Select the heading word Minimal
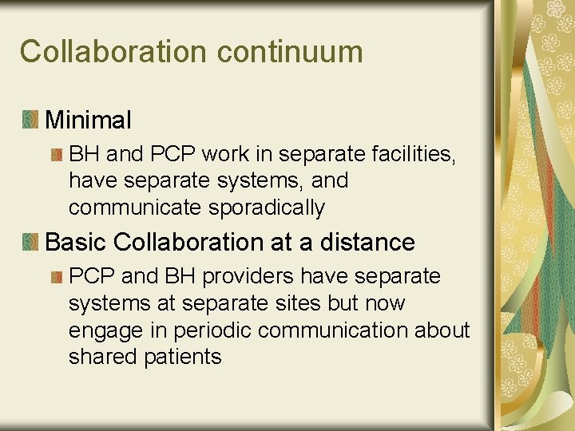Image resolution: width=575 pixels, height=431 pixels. tap(88, 121)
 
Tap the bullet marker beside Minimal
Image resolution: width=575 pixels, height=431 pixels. tap(30, 121)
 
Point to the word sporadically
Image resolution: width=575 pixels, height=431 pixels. tap(267, 208)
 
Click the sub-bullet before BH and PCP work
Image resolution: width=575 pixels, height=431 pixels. tap(56, 153)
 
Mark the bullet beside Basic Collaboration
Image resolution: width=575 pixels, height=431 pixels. tap(30, 242)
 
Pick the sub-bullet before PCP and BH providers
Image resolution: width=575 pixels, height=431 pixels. tap(56, 276)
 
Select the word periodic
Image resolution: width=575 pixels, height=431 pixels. tap(211, 330)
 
